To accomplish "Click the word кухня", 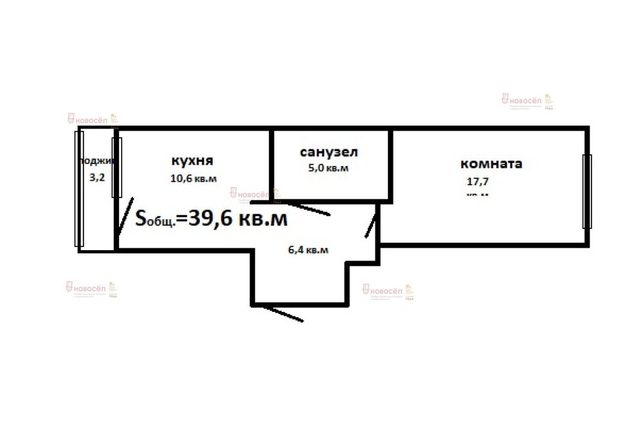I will coord(192,160).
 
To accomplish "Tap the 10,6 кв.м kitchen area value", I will coord(193,179).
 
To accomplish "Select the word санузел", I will coord(329,152).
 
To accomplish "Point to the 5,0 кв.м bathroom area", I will coord(329,169).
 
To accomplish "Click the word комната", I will coord(491,163).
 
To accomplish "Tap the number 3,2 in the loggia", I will coord(97,177).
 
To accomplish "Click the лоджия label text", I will coord(98,161).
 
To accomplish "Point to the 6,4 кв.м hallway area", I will coord(308,250).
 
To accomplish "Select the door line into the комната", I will coord(371,226).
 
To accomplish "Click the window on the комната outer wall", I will coord(586,191).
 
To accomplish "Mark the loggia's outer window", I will coord(78,189).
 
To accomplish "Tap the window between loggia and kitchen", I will coord(116,167).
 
